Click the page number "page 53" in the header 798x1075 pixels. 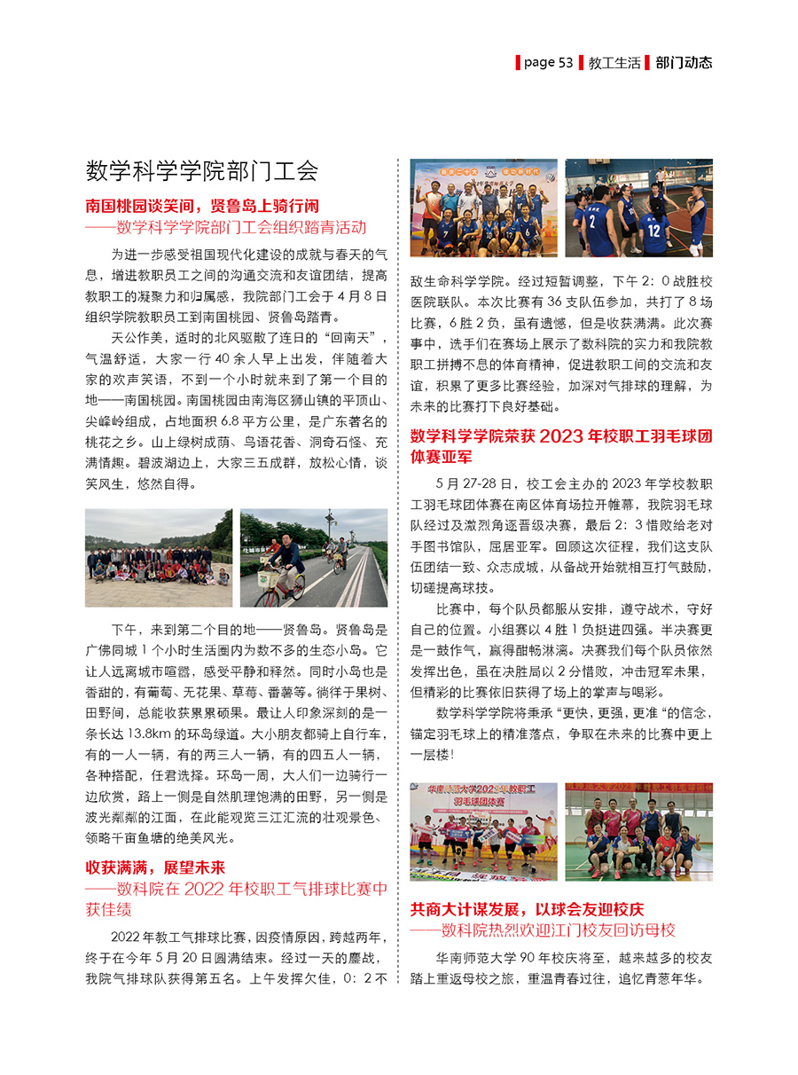tap(548, 62)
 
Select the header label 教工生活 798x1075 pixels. tap(613, 62)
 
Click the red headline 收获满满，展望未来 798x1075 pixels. tap(155, 867)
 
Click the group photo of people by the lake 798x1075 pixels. tap(159, 557)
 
